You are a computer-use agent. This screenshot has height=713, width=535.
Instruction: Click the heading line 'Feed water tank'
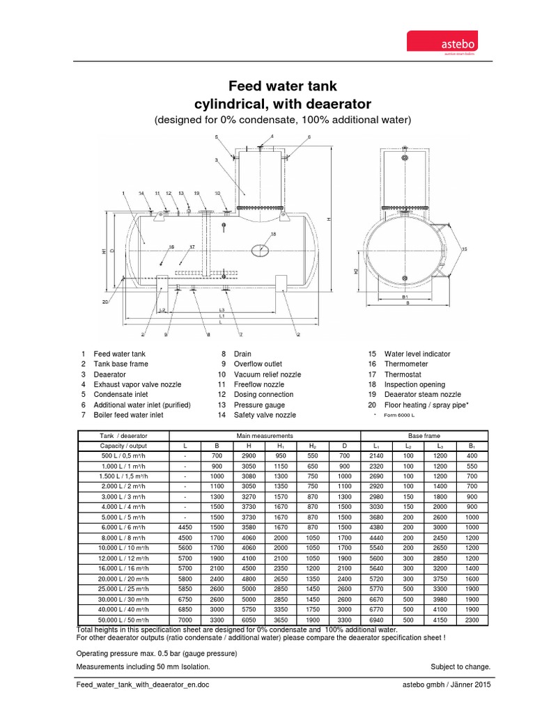coord(283,86)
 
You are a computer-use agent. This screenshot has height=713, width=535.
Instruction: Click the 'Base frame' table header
coord(423,435)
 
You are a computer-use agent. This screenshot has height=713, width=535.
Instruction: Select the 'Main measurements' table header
coord(265,435)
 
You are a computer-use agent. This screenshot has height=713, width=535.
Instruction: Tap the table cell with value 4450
coord(185,527)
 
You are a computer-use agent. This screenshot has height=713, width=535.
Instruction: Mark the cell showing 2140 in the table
coord(376,455)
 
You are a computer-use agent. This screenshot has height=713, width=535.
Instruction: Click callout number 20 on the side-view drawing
coord(105,301)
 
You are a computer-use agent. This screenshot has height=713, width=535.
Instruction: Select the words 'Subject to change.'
coord(460,666)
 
